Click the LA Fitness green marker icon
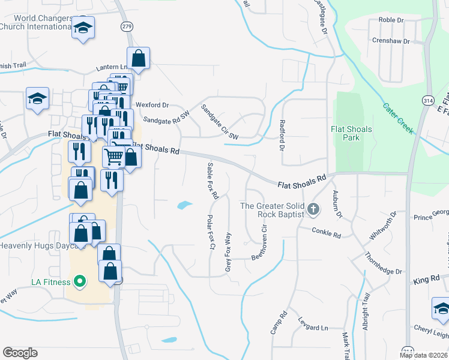coord(78,281)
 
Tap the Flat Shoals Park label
coord(352,133)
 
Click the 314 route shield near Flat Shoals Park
coord(428,100)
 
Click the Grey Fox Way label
coord(228,252)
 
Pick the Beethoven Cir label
coord(259,239)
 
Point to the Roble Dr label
coord(391,20)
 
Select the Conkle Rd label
coord(327,230)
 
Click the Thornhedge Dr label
coord(383,263)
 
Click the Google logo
coord(20,353)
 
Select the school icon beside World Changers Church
coord(83,28)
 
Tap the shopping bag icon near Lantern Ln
coord(138,59)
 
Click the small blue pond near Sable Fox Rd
coord(184,206)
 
